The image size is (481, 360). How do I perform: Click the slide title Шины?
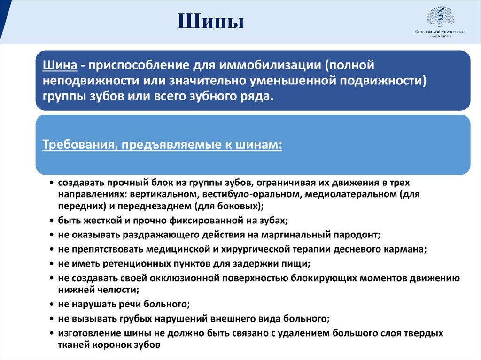(x=211, y=22)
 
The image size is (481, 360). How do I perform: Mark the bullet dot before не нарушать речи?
(x=51, y=305)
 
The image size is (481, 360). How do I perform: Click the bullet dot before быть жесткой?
(x=51, y=220)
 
